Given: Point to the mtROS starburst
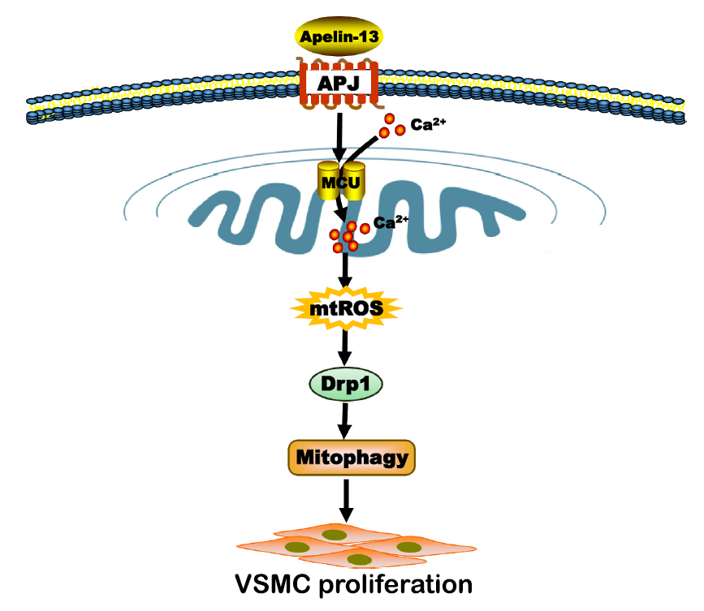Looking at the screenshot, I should [x=348, y=308].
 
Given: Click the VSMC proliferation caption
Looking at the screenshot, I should [x=352, y=583].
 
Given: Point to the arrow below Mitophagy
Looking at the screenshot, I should [x=348, y=500].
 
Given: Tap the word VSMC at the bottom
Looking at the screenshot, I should [x=268, y=583].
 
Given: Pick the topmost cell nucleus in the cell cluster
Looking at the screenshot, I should [x=334, y=534].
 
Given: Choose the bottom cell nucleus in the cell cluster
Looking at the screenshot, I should [x=354, y=557].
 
